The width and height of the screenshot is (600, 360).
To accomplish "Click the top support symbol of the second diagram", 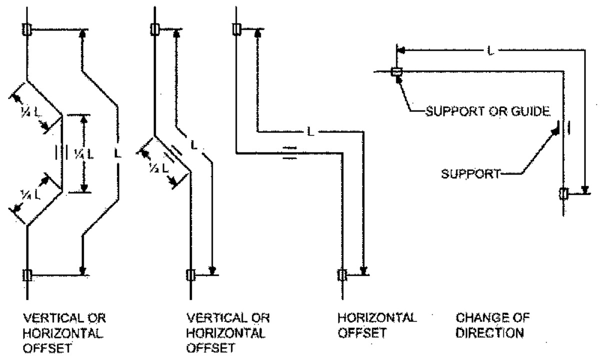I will pyautogui.click(x=154, y=30).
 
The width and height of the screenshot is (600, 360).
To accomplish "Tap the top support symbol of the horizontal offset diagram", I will pyautogui.click(x=236, y=30).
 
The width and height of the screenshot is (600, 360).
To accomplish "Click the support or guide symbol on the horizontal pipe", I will pyautogui.click(x=396, y=72).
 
